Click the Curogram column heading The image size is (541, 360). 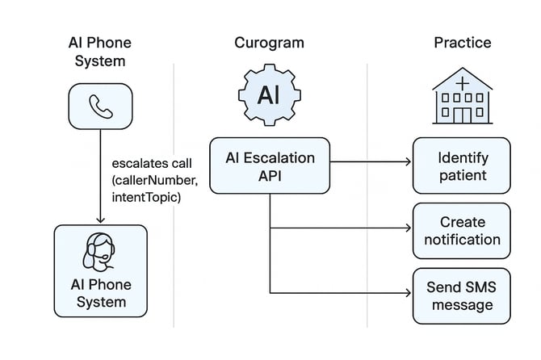coord(270,42)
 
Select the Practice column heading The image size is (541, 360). coord(461,42)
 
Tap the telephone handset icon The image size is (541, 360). coord(100,107)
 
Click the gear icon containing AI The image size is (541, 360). coord(269,96)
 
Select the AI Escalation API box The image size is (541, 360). coord(270,165)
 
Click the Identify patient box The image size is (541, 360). coord(462,165)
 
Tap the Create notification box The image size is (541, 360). coord(462,230)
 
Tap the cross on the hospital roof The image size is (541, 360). coord(461,82)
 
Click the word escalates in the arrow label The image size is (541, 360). coord(138,164)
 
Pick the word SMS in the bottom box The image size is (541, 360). coord(480,287)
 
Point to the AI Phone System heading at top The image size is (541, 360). coord(100,51)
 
